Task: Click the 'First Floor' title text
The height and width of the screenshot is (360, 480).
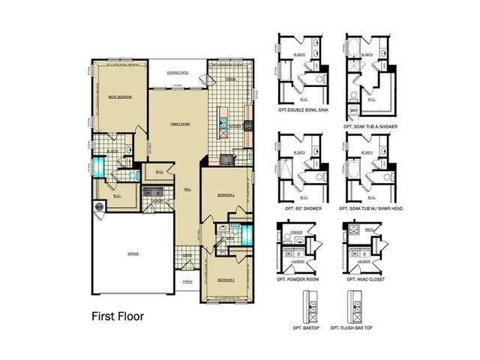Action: click(x=118, y=316)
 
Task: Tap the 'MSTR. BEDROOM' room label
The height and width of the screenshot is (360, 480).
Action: click(x=120, y=97)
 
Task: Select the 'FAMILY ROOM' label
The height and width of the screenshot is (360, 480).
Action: click(x=179, y=123)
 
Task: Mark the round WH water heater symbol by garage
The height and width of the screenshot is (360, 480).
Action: click(x=98, y=206)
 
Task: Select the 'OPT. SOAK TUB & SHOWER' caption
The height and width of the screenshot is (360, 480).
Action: click(x=370, y=127)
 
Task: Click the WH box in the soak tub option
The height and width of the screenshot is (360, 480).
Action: click(x=352, y=110)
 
